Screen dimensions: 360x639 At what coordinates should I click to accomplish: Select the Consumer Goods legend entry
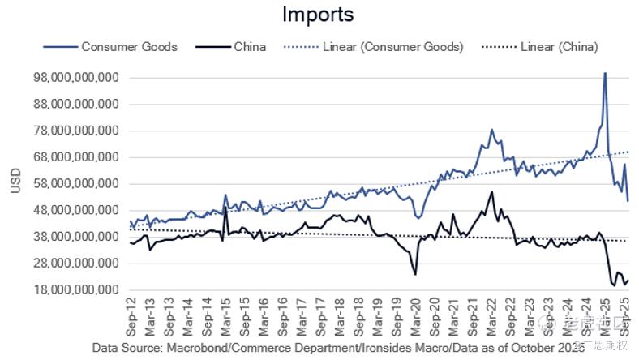click(129, 46)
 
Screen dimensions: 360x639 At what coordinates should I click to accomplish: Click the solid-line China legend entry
click(250, 46)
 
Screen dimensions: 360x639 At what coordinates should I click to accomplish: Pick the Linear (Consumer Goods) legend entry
click(392, 46)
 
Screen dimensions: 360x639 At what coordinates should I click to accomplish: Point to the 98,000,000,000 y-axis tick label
click(74, 78)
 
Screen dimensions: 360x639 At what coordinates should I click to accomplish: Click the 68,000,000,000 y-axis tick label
click(74, 157)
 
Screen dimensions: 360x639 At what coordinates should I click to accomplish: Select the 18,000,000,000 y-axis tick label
click(74, 289)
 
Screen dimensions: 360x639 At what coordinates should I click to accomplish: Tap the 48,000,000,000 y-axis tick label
click(74, 210)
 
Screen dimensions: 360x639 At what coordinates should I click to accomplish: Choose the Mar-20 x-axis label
click(416, 315)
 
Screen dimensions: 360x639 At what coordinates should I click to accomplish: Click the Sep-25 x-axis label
click(624, 315)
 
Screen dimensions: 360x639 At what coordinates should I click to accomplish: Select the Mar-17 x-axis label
click(302, 315)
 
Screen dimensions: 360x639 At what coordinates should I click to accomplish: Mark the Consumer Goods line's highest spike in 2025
click(604, 73)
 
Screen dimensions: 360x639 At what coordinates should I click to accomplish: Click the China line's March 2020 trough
click(415, 274)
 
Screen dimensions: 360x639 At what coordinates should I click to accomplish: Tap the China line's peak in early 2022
click(491, 192)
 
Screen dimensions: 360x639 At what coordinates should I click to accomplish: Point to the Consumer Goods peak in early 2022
click(491, 130)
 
